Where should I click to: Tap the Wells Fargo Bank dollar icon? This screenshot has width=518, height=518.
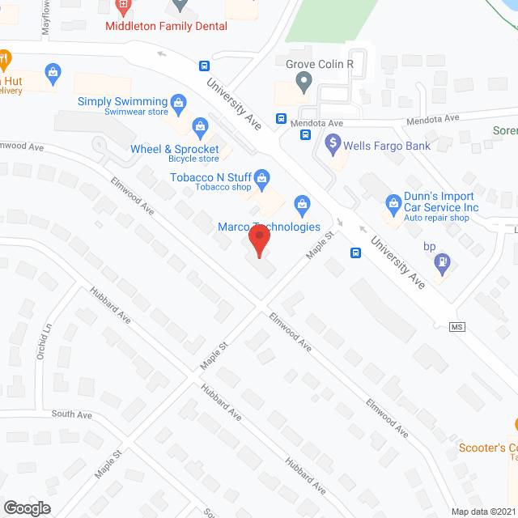pos(332,146)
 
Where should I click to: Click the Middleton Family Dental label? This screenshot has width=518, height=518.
pos(166,26)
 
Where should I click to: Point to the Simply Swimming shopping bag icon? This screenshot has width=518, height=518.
pos(180,101)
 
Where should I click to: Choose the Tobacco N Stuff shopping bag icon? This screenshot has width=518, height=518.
pos(261,176)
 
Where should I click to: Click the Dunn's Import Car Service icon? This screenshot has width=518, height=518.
pos(393,200)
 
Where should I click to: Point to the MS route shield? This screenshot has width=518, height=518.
pos(459,326)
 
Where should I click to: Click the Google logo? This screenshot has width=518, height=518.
pos(26,507)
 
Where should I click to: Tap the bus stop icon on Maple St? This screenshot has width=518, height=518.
pos(355,253)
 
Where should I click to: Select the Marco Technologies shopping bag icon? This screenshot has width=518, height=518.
pos(301,202)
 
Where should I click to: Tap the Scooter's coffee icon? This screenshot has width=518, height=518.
pos(515,424)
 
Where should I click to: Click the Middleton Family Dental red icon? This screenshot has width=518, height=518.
pos(123,8)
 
